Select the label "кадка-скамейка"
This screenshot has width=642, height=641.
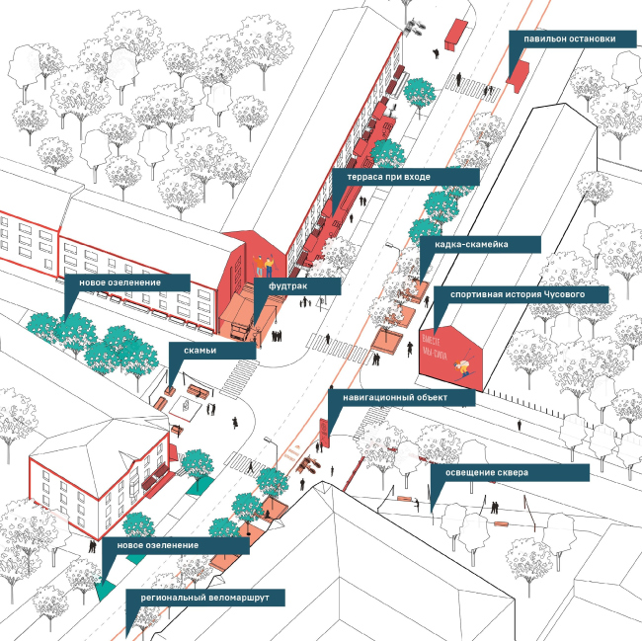click(x=479, y=243)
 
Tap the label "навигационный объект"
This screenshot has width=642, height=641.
click(x=402, y=397)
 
